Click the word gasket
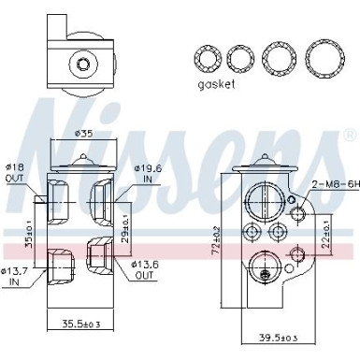coord(216,83)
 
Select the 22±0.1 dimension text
coord(324,224)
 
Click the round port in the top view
coord(85,65)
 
